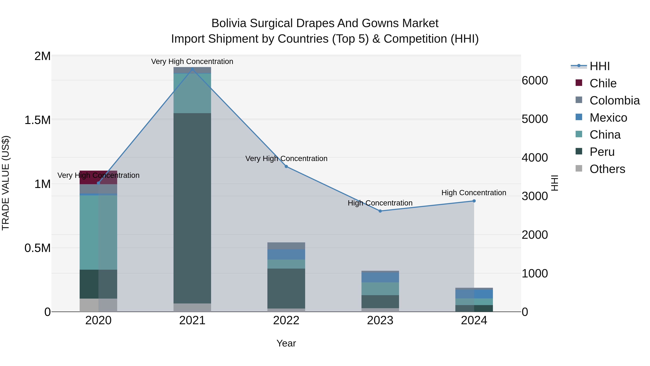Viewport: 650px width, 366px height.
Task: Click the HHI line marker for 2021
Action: click(192, 69)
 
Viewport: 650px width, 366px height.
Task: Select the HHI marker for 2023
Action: click(380, 211)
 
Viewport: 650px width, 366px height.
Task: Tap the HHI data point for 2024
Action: click(474, 201)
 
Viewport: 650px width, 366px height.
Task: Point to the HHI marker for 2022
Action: click(286, 166)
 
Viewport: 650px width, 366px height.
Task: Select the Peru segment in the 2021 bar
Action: click(192, 208)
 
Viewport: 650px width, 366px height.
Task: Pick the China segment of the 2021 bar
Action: click(192, 93)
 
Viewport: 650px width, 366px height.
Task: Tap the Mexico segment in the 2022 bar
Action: click(286, 254)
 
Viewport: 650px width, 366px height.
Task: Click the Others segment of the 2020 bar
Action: click(98, 305)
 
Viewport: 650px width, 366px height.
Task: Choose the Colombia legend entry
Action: click(614, 100)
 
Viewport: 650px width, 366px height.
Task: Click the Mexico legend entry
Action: click(608, 118)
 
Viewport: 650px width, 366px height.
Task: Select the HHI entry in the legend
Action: click(599, 66)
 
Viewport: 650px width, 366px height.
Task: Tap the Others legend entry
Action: click(607, 169)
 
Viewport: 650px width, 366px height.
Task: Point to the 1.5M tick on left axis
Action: click(38, 120)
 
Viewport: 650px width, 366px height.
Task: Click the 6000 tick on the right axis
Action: click(535, 81)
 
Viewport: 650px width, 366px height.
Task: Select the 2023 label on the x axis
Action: click(380, 320)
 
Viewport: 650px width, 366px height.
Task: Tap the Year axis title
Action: click(286, 343)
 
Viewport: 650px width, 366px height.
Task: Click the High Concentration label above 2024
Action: click(474, 193)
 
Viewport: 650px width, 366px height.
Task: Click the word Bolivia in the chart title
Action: click(229, 23)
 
